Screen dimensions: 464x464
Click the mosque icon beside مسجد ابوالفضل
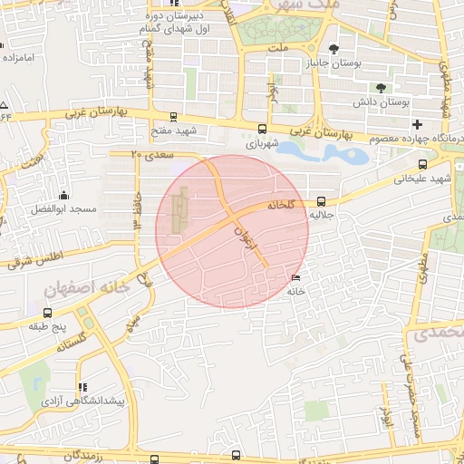63,195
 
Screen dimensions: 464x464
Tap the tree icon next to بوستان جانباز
333,50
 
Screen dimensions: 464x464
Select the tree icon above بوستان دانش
379,88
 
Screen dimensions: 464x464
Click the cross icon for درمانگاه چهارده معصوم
417,123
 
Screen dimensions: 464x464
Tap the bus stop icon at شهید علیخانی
421,165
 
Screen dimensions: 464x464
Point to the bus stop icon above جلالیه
322,203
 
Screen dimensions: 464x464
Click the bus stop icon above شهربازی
263,129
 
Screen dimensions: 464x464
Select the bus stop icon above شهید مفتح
173,117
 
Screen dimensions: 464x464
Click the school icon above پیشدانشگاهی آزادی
82,386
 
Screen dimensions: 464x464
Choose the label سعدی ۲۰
149,154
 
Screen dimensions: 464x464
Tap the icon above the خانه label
297,277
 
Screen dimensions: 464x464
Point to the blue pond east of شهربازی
326,152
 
